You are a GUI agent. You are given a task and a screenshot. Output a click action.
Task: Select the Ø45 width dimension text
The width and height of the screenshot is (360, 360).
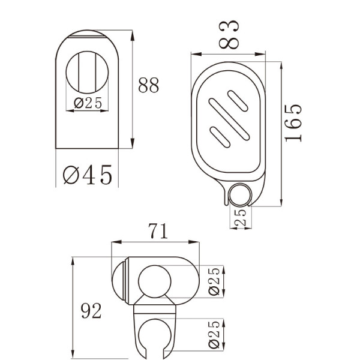[x=88, y=175]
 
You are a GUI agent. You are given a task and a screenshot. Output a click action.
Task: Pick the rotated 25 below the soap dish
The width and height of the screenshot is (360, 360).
[x=241, y=217]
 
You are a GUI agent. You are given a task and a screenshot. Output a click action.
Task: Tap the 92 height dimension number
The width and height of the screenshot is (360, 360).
[x=89, y=311]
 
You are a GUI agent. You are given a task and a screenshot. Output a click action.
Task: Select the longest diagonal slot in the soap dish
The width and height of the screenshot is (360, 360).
[x=224, y=119]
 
